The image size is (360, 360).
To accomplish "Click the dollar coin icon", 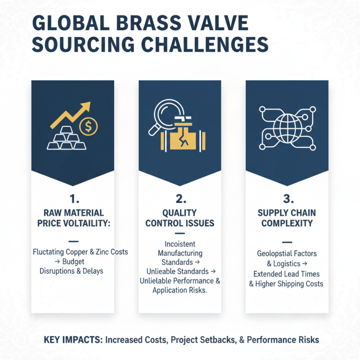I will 88,126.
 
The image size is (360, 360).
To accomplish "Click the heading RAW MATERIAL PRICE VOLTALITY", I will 72,218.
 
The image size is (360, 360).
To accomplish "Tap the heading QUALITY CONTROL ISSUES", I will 180,218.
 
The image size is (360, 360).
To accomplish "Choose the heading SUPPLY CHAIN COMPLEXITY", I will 287,218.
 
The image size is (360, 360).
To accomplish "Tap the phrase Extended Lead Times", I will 286,274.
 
